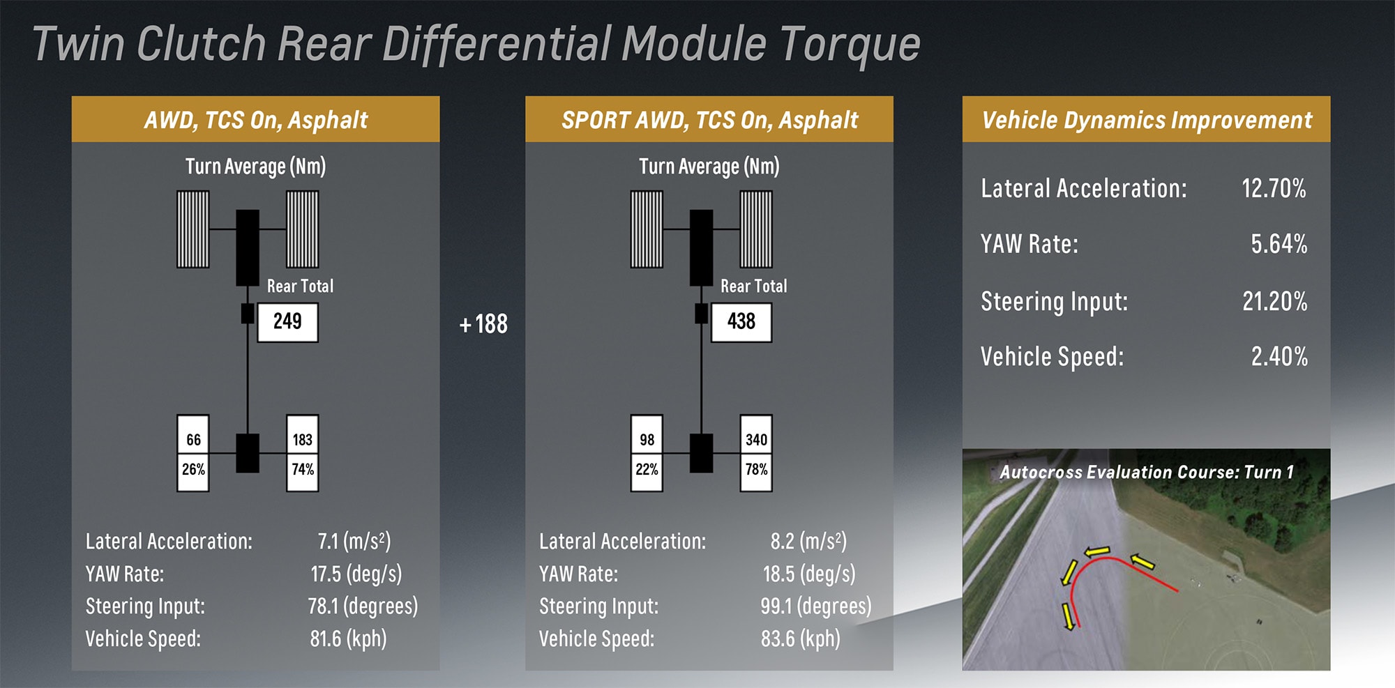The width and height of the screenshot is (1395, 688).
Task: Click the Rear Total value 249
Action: (x=287, y=322)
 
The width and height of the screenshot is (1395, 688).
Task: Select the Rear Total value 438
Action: (x=741, y=322)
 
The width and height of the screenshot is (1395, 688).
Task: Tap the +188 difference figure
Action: (x=483, y=324)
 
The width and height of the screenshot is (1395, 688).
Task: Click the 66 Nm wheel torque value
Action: (x=193, y=440)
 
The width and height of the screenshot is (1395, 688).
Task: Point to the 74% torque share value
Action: (x=303, y=470)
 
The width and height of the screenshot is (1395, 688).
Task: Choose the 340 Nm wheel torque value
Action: (x=756, y=440)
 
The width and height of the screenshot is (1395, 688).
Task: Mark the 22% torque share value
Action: (x=647, y=470)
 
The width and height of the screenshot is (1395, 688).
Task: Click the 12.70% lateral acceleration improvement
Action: (x=1273, y=188)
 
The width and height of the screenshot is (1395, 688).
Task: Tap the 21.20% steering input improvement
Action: (x=1274, y=301)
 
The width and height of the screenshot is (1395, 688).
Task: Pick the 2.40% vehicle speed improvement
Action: (x=1279, y=356)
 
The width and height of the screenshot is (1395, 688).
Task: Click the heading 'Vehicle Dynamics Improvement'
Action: (x=1146, y=120)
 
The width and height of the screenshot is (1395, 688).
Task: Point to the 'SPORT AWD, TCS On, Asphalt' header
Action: (x=709, y=120)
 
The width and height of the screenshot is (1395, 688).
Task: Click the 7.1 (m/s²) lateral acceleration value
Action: (x=354, y=541)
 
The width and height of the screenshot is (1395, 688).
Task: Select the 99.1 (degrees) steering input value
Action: (x=815, y=606)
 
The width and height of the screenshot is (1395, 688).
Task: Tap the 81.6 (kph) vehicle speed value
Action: (x=348, y=639)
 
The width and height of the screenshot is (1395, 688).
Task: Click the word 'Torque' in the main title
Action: (x=850, y=44)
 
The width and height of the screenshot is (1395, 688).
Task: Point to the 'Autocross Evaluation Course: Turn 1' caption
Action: (x=1146, y=473)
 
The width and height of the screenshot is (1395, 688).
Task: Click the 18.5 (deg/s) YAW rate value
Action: (x=808, y=574)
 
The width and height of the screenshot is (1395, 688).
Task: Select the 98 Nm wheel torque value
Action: (x=647, y=440)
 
